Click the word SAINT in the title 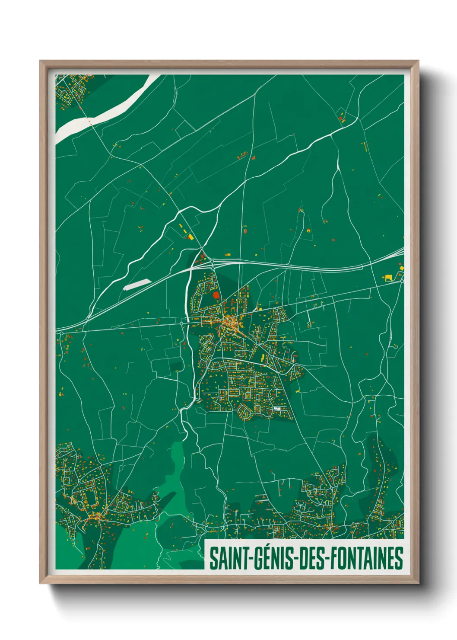point(228,558)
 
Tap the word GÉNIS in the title point(271,558)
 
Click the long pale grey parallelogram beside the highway point(137,284)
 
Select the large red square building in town point(216,295)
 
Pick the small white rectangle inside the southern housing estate point(277,408)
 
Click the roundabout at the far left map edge point(61,333)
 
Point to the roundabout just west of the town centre point(182,323)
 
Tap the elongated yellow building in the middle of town point(262,358)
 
